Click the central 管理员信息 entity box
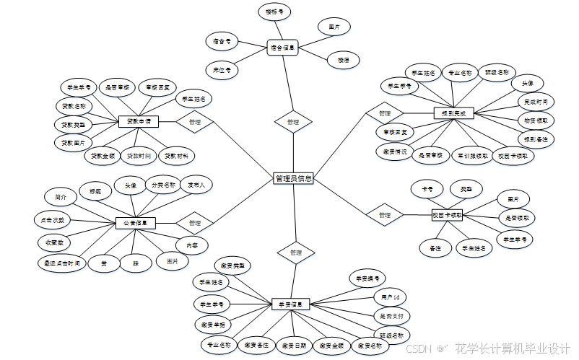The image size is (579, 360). pos(293,178)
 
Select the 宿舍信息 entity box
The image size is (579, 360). pos(283,48)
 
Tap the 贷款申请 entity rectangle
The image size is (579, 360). pos(138,121)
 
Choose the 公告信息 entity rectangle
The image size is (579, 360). pos(135,223)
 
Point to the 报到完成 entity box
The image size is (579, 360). pos(453,113)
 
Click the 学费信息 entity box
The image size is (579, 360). pos(290,304)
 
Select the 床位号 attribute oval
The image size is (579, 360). pos(222,71)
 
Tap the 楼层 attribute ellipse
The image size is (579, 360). pos(343,61)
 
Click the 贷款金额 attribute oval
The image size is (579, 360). pos(104,156)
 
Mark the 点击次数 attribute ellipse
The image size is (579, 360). pos(53,219)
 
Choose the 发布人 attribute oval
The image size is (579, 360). pos(196,185)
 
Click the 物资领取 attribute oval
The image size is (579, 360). pos(535,119)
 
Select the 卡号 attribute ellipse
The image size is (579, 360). pos(427,190)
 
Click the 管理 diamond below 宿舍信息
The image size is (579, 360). pos(292,123)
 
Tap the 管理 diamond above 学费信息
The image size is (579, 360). pos(295,253)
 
